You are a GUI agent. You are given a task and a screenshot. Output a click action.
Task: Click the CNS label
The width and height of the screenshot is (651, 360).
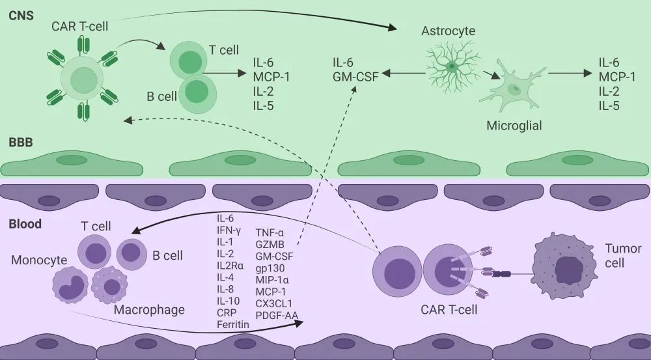21,14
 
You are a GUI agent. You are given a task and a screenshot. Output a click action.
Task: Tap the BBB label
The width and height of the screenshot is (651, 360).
21,142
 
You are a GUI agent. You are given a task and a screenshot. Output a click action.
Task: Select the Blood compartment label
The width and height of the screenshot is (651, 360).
25,224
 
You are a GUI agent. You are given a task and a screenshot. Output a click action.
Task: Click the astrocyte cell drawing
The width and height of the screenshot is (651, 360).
452,65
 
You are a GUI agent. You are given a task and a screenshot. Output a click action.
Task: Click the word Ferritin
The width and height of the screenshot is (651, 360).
234,324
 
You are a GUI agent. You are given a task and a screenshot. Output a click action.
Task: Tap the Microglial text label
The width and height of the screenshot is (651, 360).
514,126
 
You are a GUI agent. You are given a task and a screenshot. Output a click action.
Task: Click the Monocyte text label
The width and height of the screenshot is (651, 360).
39,260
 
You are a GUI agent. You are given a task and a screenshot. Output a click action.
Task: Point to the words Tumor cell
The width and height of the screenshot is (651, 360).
623,255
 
